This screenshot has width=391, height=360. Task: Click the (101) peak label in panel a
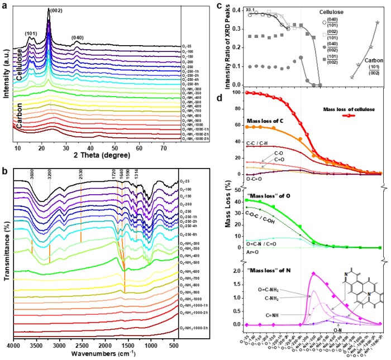coord(31,33)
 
